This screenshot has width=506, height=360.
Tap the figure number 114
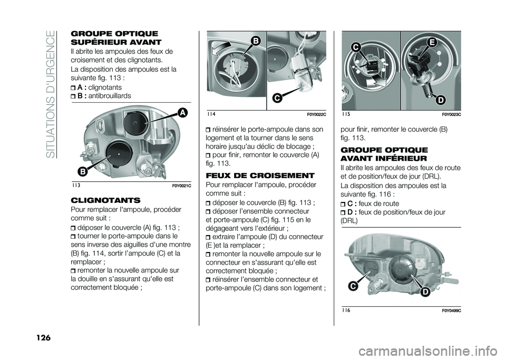click(x=211, y=114)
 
